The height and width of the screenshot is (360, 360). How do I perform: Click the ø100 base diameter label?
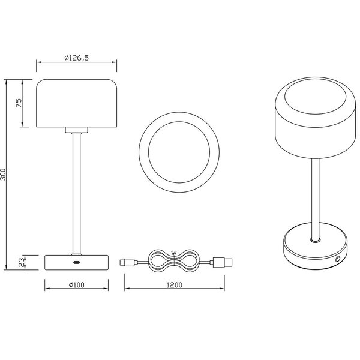pyautogui.click(x=76, y=284)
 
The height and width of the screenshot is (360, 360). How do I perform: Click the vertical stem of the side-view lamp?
pyautogui.click(x=76, y=192)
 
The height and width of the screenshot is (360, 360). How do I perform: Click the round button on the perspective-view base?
pyautogui.click(x=338, y=259)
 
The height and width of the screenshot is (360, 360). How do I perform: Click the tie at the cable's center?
pyautogui.click(x=173, y=262)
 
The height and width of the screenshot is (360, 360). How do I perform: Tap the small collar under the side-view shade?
pyautogui.click(x=76, y=130)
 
